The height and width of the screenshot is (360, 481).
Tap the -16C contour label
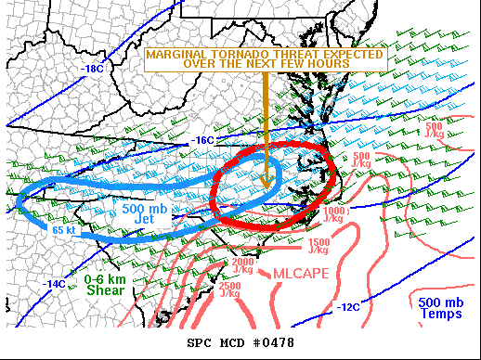(203, 140)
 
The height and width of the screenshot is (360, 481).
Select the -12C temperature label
(347, 307)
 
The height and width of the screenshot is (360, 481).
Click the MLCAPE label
(299, 273)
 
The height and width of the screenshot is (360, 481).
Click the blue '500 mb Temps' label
(436, 308)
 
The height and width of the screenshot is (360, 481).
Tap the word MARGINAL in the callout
(177, 55)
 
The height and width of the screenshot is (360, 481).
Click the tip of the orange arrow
(267, 186)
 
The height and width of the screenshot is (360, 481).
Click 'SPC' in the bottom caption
(200, 343)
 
